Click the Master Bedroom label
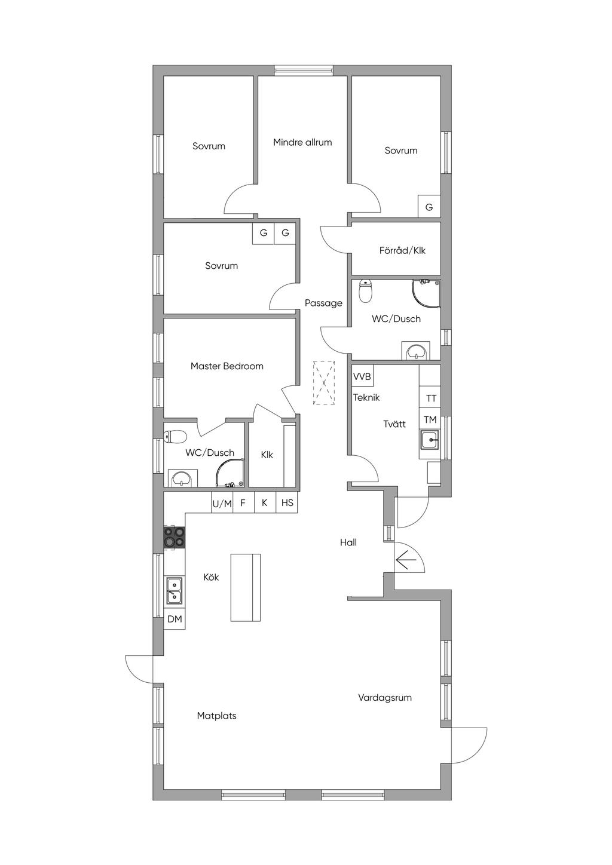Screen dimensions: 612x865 click(x=227, y=366)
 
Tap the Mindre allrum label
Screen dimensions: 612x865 click(x=302, y=142)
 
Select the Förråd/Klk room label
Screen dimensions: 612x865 click(x=402, y=251)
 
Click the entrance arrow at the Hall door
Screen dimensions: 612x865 click(x=405, y=560)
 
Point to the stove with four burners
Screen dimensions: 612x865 click(x=175, y=537)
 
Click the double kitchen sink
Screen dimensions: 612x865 click(x=175, y=590)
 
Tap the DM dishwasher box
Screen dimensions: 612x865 click(x=175, y=619)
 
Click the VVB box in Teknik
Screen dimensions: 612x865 click(x=362, y=376)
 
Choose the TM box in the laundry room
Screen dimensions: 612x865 click(x=430, y=419)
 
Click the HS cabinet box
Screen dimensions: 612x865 click(x=287, y=502)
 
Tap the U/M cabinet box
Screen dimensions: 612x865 click(x=222, y=502)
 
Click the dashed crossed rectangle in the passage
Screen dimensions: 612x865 click(x=324, y=382)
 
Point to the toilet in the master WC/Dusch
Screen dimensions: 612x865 click(x=175, y=437)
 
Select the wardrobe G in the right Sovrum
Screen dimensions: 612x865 click(x=429, y=207)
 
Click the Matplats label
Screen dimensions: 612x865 click(x=217, y=716)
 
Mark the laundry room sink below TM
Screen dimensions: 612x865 click(x=430, y=440)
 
